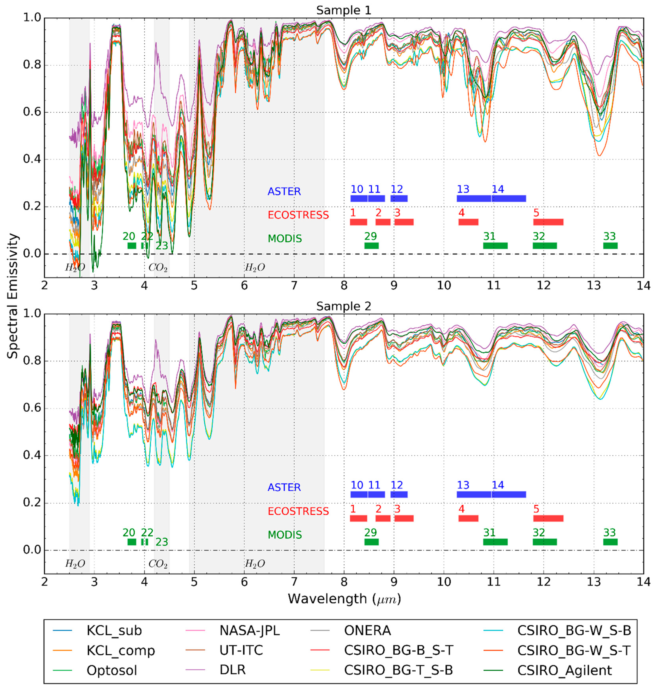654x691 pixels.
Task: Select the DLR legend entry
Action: pos(233,670)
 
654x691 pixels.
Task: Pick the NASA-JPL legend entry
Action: pos(249,630)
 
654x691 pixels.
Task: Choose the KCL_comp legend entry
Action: pos(121,650)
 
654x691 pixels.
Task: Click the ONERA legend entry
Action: pos(367,630)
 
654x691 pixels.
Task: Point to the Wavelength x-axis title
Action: pos(344,599)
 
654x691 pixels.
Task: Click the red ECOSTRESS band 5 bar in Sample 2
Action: pos(548,518)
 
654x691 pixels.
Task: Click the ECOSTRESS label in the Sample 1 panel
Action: pos(298,215)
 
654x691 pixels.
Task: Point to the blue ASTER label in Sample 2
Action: pos(284,487)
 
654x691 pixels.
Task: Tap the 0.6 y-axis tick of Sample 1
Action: pos(31,112)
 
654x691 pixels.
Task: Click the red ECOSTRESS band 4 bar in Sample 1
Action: pos(468,222)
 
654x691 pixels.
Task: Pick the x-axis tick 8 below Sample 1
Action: pos(344,285)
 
